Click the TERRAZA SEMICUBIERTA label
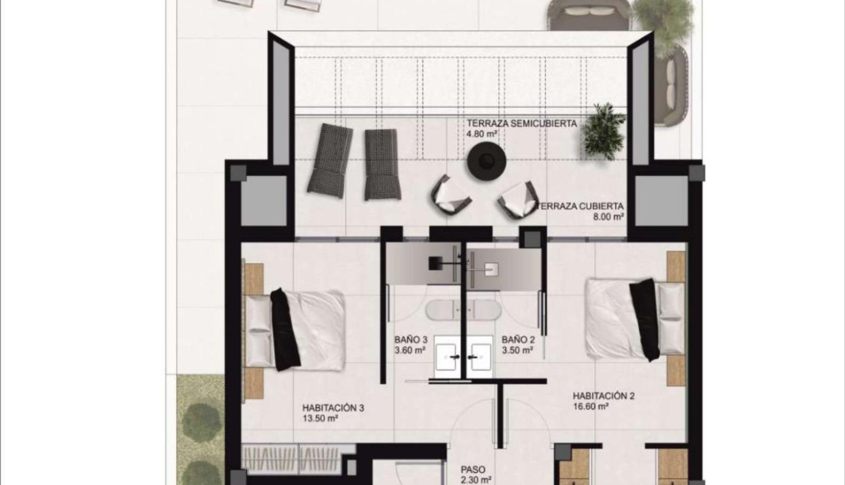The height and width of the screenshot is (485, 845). pos(522,124)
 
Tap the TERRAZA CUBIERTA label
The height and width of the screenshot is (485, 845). pos(582,207)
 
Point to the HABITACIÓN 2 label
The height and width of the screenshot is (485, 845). pos(603,396)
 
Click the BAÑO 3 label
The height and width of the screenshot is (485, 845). pos(411,339)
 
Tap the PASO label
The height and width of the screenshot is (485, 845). pos(473,469)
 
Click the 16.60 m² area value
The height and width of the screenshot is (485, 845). pos(590,406)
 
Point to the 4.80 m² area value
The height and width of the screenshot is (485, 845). pos(482,135)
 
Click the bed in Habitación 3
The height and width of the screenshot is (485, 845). pos(295,329)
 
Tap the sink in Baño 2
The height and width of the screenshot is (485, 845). pos(480,356)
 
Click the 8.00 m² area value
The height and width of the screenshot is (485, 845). pos(609,217)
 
